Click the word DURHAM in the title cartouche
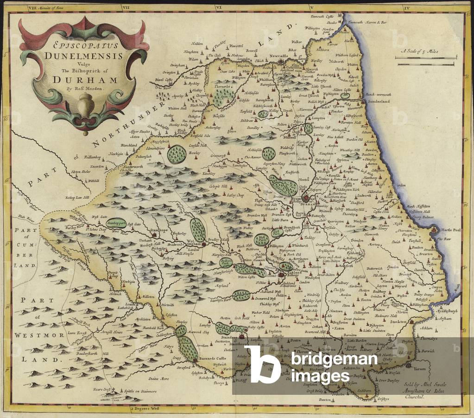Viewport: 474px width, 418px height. point(84,78)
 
